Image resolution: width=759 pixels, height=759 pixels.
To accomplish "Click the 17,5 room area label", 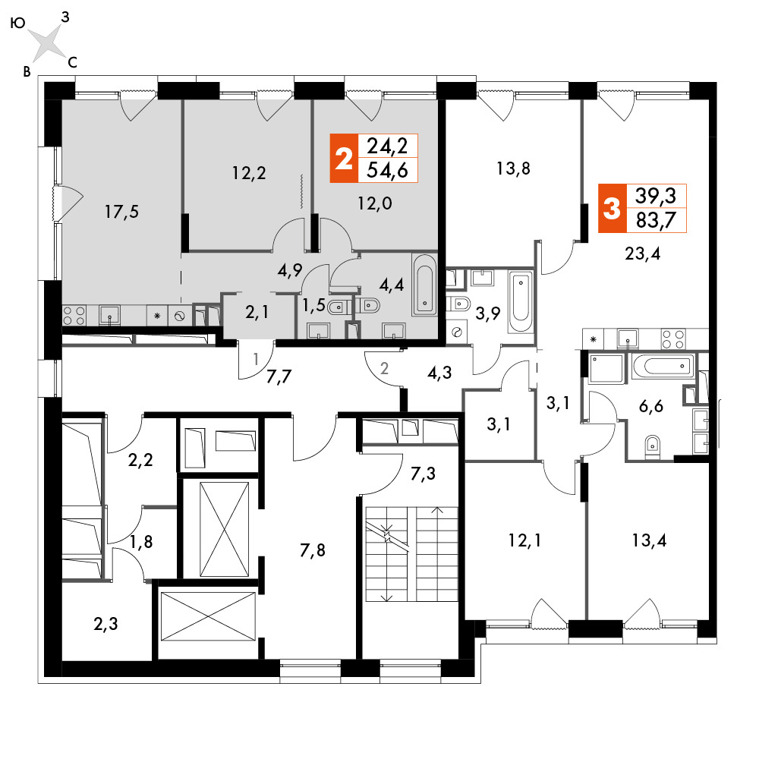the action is point(122,212).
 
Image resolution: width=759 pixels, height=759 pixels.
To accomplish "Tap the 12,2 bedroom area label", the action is point(249,173).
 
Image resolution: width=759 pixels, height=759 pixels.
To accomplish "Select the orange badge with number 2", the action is point(344,159).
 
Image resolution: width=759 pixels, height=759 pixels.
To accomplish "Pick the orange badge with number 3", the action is point(613,209).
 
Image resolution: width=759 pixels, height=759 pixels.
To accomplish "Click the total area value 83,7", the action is point(656,221).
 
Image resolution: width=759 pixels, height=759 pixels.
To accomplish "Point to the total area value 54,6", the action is point(387,170).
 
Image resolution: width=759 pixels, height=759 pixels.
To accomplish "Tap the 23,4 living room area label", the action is point(643,254).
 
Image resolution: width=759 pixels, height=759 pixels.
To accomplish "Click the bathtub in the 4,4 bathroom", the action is point(425,285).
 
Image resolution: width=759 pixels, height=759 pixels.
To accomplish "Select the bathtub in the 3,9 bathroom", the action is point(521,302).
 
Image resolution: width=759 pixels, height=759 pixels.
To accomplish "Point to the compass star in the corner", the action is point(46,41).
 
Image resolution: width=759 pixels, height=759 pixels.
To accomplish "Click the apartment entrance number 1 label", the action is point(256,359).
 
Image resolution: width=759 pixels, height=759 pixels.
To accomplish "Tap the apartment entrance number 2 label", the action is point(384,369).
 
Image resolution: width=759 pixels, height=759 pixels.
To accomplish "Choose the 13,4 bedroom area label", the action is point(649,540).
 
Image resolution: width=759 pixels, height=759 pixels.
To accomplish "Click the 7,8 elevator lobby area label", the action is point(313,550).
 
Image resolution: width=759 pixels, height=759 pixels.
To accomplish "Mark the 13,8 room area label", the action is point(513,168).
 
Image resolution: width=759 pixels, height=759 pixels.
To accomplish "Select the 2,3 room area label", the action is point(106,624).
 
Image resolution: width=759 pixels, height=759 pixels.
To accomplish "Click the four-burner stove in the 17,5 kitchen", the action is point(74,316).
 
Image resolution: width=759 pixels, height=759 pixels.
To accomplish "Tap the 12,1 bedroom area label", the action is point(524,540).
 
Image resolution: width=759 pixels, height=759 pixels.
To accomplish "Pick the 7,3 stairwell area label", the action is point(423,474).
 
